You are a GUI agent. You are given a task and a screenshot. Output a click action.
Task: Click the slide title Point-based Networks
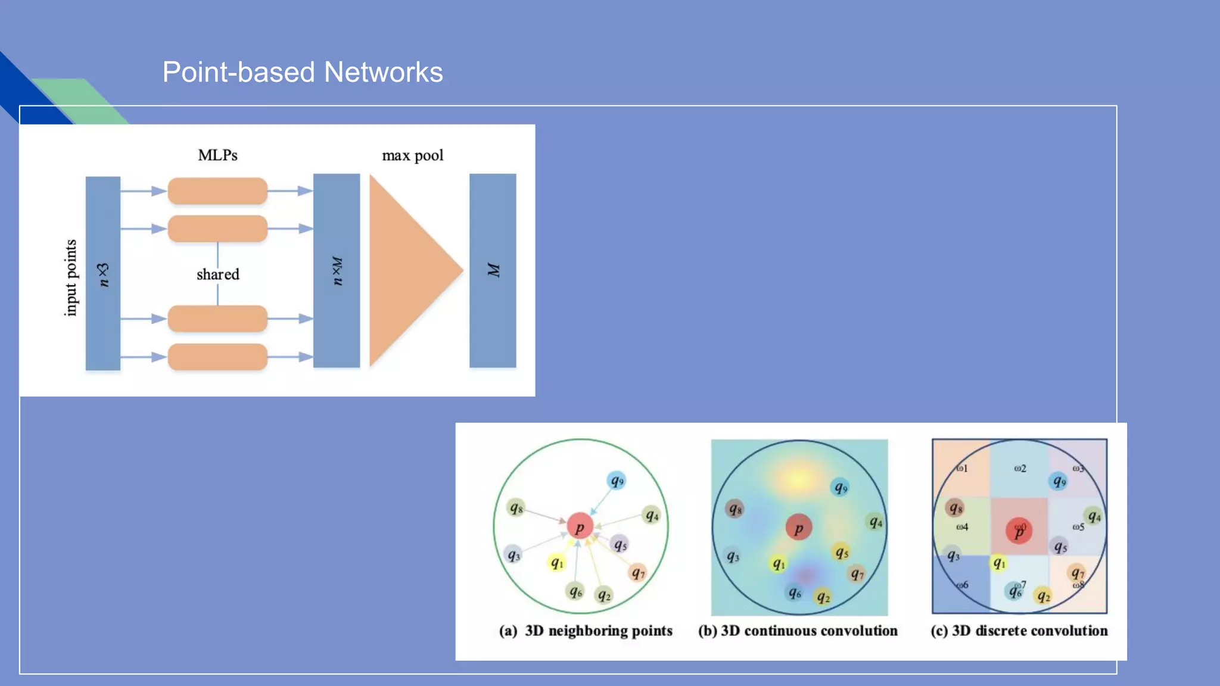click(x=303, y=73)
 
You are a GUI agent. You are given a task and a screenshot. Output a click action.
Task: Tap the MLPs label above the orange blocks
click(x=217, y=155)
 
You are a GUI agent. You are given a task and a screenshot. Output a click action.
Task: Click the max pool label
click(x=412, y=155)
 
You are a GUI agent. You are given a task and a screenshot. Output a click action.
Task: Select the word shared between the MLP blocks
click(x=218, y=275)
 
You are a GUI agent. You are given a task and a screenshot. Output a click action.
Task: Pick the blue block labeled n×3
click(x=103, y=273)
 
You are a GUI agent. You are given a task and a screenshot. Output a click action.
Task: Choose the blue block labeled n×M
click(x=337, y=271)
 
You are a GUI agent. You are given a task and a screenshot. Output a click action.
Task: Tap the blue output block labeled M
click(x=493, y=271)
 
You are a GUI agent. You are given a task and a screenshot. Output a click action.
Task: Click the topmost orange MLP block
click(x=217, y=191)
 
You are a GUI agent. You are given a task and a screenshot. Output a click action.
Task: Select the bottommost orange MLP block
click(x=217, y=357)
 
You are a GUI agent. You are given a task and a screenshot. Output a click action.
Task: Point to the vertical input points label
click(x=71, y=277)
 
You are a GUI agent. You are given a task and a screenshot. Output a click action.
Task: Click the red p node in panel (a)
click(x=580, y=526)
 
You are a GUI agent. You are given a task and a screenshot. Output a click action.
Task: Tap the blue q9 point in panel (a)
click(x=617, y=481)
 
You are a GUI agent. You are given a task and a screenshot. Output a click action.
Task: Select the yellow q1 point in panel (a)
click(x=556, y=562)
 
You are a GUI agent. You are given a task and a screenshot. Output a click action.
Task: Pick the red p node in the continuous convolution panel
click(x=798, y=528)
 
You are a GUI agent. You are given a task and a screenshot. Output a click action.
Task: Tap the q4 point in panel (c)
click(x=1094, y=516)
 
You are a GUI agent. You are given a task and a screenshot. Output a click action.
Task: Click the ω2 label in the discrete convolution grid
click(x=1020, y=469)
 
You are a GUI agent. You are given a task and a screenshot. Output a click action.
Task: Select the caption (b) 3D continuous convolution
click(x=798, y=631)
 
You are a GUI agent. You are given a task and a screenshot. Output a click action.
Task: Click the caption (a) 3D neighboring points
click(x=586, y=631)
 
